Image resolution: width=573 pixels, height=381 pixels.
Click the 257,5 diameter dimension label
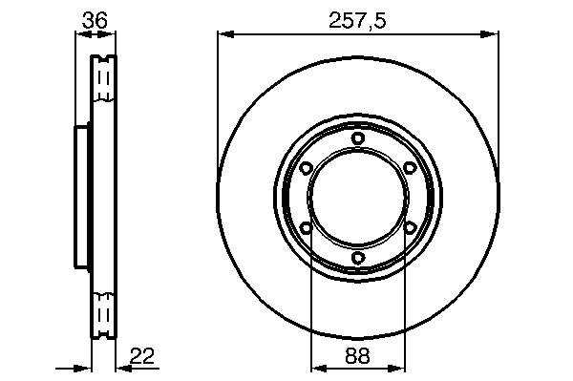(x=357, y=20)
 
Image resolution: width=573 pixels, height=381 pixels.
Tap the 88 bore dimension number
(x=357, y=355)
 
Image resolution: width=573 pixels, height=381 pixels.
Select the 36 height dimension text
(x=95, y=20)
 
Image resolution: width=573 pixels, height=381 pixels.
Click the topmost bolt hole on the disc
(x=358, y=138)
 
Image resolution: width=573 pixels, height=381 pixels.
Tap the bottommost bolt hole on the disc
(x=358, y=258)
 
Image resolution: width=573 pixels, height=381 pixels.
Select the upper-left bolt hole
(x=306, y=168)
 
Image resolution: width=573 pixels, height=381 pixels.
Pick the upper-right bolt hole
(x=410, y=168)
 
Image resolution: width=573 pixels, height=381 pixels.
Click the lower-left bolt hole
(x=306, y=228)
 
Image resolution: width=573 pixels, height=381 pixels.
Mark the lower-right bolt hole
(x=410, y=228)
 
